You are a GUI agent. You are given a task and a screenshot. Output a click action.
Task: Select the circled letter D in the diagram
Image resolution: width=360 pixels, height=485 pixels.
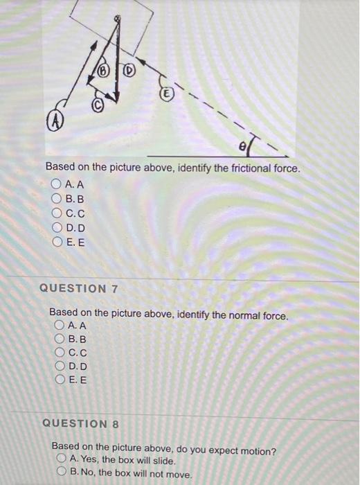pyautogui.click(x=129, y=71)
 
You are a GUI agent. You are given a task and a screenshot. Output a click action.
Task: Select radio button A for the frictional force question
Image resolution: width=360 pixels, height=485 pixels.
pyautogui.click(x=57, y=184)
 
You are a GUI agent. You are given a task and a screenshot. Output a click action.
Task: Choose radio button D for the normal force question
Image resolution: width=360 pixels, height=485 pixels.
pyautogui.click(x=60, y=366)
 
